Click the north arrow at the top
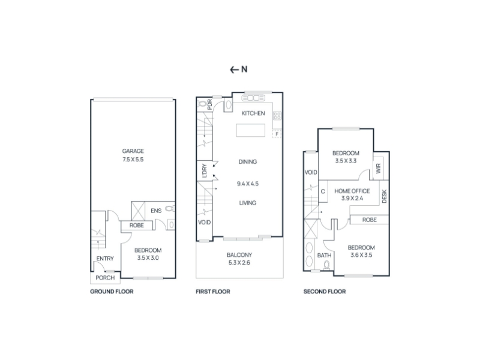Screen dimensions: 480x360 pos(234,70)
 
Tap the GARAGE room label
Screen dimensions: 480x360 pos(133,151)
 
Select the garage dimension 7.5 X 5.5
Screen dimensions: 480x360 pos(133,159)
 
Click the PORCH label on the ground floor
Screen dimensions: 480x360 pos(105,278)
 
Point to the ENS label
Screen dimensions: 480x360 pos(156,211)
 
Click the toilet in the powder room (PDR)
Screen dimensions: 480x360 pos(202,104)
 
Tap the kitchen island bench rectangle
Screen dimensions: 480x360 pos(250,130)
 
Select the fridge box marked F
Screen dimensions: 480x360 pos(277,134)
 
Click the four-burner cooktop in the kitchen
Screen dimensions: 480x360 pos(277,116)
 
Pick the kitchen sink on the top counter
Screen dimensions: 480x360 pos(253,98)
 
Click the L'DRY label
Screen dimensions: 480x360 pos(205,170)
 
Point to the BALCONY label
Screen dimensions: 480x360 pos(239,254)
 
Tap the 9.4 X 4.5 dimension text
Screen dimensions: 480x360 pos(248,184)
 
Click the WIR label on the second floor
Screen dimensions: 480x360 pos(379,169)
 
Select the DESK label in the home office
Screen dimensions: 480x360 pos(385,196)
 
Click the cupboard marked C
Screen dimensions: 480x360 pos(323,191)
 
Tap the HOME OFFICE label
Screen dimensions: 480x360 pos(352,191)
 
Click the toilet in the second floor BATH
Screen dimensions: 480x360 pos(326,265)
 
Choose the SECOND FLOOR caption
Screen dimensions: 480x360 pos(325,292)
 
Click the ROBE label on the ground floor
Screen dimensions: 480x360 pos(137,226)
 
